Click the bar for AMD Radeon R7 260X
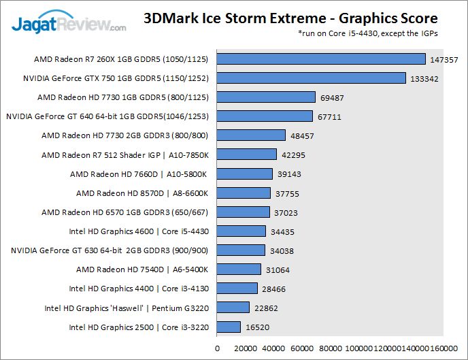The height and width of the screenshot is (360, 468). [x=321, y=59]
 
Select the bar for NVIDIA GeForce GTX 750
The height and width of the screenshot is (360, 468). [x=311, y=78]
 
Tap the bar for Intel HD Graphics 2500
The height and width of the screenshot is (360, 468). [x=229, y=327]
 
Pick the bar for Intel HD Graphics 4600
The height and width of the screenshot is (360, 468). [x=241, y=231]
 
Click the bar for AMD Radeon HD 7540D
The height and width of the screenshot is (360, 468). [x=239, y=269]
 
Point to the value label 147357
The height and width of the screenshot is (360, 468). [x=444, y=60]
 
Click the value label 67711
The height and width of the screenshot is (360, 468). [x=331, y=117]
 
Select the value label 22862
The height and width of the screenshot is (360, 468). [x=268, y=308]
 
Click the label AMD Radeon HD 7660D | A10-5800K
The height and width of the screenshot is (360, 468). [x=139, y=174]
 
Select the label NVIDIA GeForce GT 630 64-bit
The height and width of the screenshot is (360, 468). [x=110, y=250]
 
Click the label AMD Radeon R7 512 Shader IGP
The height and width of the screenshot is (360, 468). [x=124, y=155]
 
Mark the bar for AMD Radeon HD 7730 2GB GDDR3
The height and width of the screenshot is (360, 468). [x=251, y=136]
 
